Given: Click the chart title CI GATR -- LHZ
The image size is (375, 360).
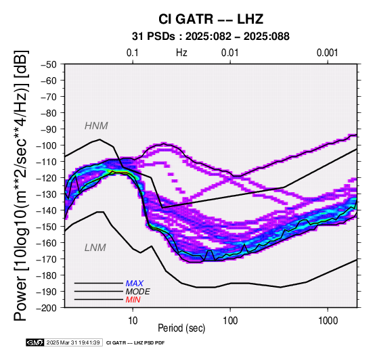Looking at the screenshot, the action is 211,19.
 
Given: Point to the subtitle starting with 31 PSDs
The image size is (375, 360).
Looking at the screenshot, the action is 211,37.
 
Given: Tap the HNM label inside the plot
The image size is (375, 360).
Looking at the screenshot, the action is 96,126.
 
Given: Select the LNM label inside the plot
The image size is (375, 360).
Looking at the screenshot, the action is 95,248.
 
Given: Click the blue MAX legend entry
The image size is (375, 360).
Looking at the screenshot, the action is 135,284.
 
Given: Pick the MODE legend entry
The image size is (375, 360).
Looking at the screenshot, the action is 138,292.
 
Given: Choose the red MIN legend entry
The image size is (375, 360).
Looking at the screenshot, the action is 133,300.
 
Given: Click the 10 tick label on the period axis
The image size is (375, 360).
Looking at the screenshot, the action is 133,320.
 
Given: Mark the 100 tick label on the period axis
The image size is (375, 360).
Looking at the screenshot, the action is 230,320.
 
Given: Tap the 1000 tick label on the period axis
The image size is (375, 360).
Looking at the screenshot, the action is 328,320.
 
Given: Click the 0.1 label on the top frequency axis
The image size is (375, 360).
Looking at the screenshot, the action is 133,53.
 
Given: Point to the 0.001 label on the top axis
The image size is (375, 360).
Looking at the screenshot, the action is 328,53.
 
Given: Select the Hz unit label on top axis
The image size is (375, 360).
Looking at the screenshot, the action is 181,53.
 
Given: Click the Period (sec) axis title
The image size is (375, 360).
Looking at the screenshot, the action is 181,328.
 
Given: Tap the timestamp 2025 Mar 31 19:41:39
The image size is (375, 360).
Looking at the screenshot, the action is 73,342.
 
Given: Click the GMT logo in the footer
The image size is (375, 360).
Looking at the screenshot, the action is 35,342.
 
